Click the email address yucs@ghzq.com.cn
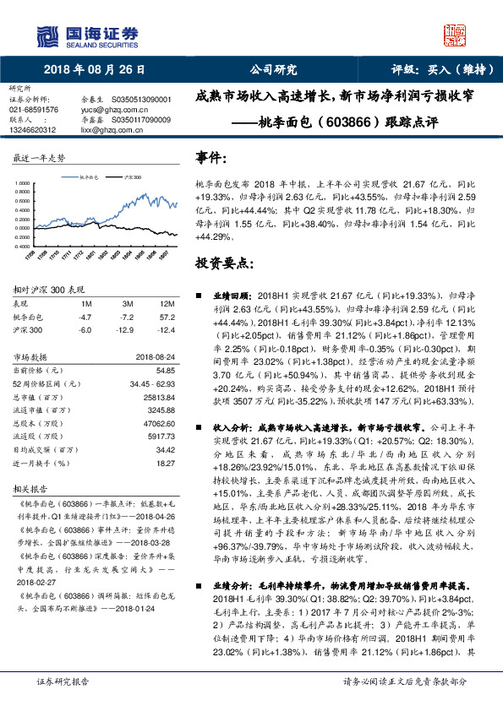(x=108, y=110)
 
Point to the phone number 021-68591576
(x=34, y=110)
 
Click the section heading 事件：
(x=211, y=159)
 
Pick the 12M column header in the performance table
(x=167, y=302)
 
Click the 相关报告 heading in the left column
(x=29, y=488)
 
